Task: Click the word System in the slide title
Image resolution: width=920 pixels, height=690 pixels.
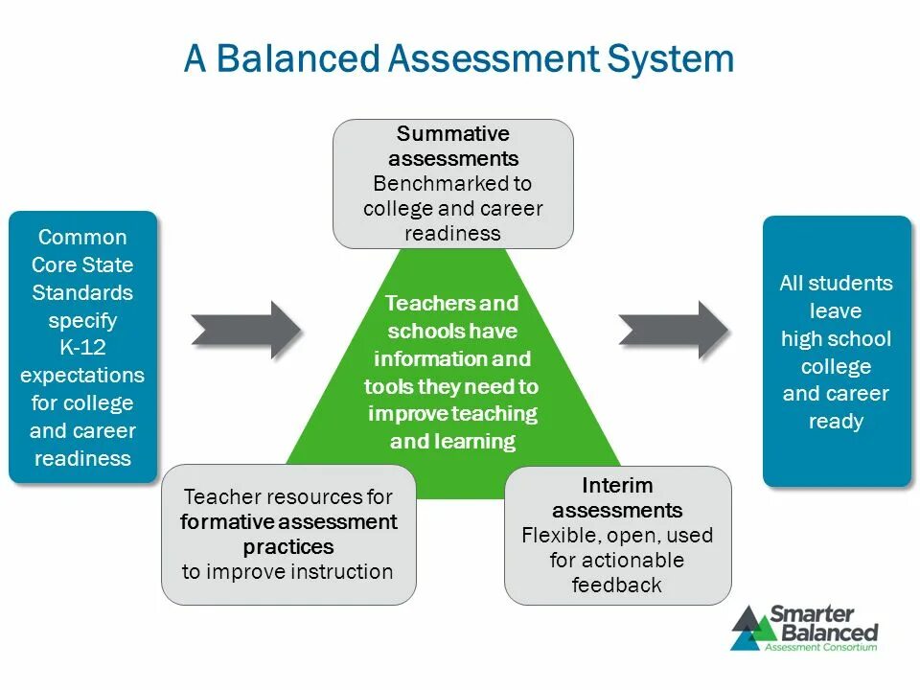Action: (671, 59)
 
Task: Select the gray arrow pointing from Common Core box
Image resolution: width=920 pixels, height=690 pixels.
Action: (246, 330)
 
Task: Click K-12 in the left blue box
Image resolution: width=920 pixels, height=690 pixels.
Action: (82, 347)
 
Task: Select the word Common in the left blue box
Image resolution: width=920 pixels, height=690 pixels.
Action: (82, 238)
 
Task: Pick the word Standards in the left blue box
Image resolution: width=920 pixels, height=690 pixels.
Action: (82, 292)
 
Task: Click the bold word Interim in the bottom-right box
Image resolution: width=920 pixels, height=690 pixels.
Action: (617, 485)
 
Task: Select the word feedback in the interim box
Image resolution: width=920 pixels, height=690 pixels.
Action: (617, 585)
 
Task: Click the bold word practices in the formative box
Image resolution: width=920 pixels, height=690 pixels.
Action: (288, 547)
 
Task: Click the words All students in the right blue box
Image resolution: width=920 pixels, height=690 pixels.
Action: (836, 284)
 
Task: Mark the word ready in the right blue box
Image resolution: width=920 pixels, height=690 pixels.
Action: (836, 422)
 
